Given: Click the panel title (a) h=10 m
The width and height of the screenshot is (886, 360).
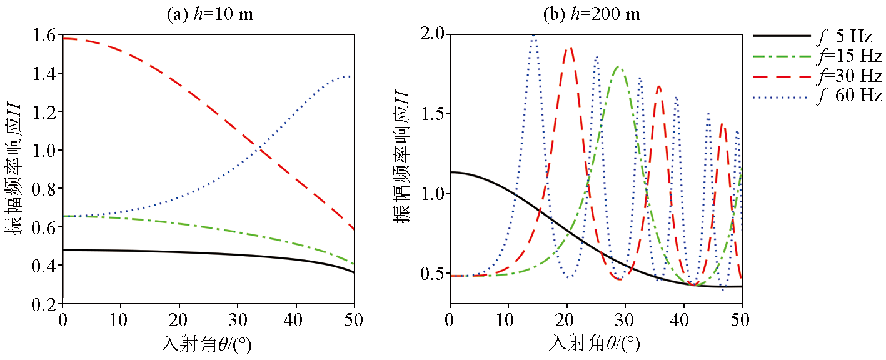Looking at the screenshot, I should tap(209, 14).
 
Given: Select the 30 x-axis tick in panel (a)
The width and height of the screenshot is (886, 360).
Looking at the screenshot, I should tap(238, 320).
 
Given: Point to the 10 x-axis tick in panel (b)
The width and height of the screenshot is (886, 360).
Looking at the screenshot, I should tap(508, 320).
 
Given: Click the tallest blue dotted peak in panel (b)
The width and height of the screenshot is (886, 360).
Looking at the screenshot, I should tap(533, 36).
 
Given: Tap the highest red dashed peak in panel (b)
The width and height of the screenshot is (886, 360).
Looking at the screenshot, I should tap(569, 49).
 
